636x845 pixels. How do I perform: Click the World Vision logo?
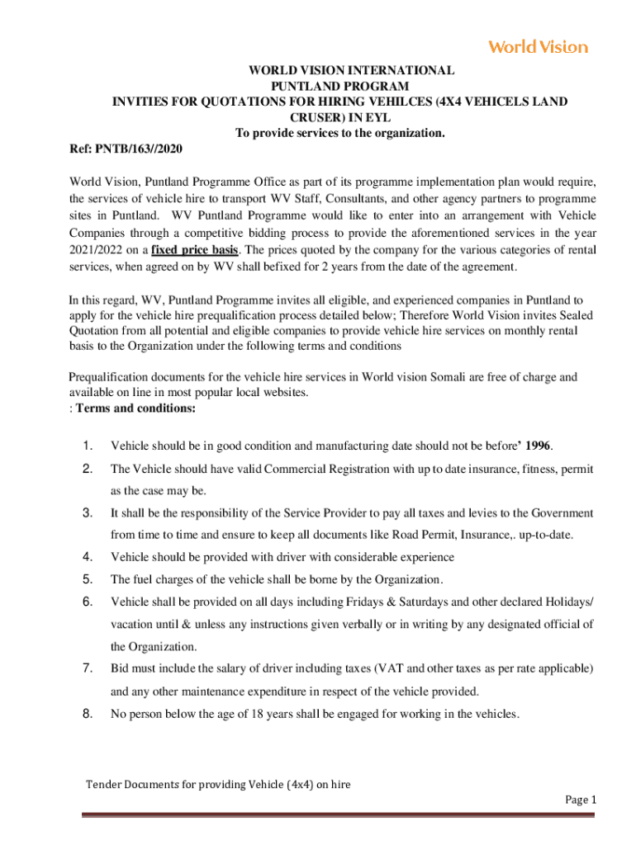point(538,47)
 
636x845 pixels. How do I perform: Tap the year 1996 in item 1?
point(538,446)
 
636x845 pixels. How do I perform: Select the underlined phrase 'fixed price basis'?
point(197,250)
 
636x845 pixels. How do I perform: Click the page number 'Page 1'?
point(580,800)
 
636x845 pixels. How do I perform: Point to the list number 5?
point(87,578)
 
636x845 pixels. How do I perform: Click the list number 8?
point(87,714)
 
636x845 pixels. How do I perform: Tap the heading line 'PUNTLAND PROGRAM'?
point(340,87)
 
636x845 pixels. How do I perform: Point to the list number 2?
point(87,470)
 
